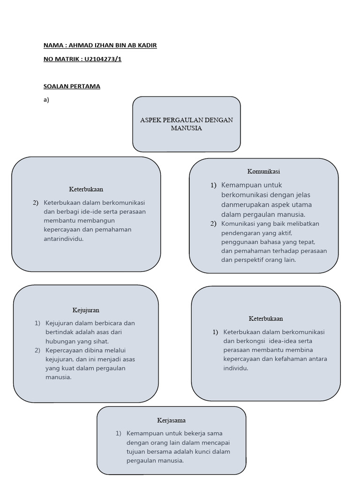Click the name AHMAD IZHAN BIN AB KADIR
coord(112,45)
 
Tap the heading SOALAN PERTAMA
coord(72,86)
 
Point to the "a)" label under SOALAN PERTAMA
coord(46,99)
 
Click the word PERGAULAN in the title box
coord(184,120)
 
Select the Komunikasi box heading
coord(263,172)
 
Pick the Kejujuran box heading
coord(86,310)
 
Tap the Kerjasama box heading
coord(171,420)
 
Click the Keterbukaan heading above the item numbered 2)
coord(86,189)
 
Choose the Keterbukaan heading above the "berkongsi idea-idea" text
coord(266,319)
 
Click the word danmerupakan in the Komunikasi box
coord(245,205)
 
